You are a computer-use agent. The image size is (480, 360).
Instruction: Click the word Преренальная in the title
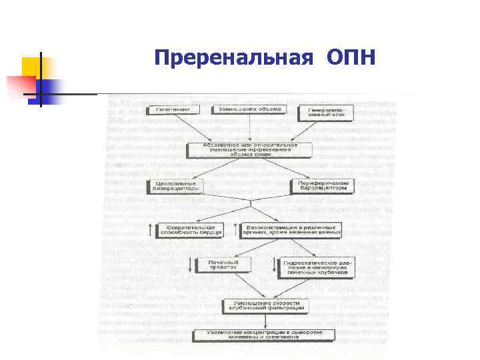[x=233, y=58]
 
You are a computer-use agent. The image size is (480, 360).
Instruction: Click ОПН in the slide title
[x=351, y=58]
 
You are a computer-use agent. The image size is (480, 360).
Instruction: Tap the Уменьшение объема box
[x=249, y=109]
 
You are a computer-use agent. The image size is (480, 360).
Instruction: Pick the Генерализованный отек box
[x=325, y=113]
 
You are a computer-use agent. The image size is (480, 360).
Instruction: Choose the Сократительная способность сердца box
[x=190, y=230]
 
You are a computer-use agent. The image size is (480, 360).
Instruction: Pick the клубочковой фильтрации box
[x=265, y=306]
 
